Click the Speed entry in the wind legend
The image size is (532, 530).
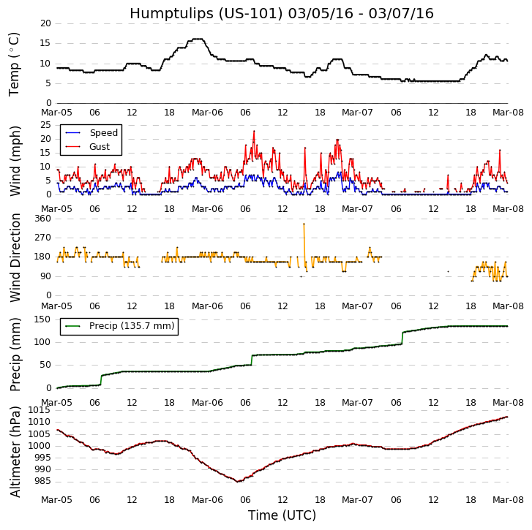(103, 133)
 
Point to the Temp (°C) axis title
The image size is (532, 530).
(15, 64)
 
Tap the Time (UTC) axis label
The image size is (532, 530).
(282, 515)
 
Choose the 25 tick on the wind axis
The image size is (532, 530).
(45, 125)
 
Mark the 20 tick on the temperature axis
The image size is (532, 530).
(45, 23)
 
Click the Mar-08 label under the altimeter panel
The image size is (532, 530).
(507, 500)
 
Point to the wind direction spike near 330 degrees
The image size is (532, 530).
(304, 224)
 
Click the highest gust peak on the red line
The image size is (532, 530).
(254, 132)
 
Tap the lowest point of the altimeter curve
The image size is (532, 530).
(238, 481)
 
